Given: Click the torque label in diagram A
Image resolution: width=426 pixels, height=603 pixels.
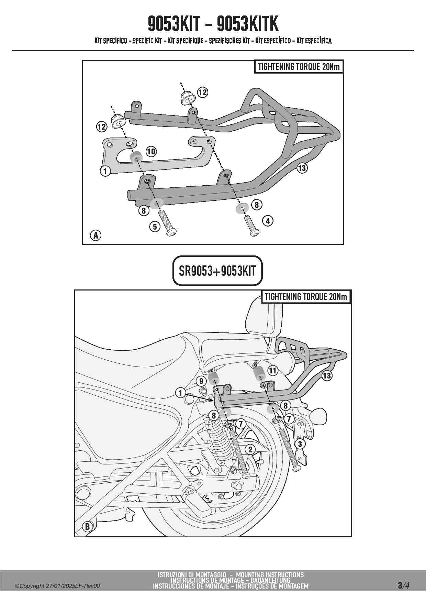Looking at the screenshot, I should point(299,67).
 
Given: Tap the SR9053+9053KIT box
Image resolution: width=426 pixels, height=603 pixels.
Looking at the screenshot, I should point(217,271).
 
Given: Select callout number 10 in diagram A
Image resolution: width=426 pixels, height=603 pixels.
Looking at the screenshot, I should point(151,151).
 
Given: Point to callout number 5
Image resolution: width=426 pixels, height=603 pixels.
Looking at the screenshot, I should point(155,227).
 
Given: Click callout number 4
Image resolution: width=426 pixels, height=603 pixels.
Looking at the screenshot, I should point(268,221).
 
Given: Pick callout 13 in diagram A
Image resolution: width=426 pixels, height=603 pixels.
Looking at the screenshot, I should point(302,168).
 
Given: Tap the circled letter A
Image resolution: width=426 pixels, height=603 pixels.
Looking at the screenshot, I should point(96,235).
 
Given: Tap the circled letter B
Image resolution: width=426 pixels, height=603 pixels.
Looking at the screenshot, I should point(87,526).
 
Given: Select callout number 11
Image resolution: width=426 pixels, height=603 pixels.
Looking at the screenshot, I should point(272,370).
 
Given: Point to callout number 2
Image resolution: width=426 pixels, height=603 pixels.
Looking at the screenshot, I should point(250,449).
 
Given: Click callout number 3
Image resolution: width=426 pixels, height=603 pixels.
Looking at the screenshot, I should point(300,444).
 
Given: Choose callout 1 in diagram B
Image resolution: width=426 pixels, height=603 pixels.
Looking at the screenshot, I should point(181,393).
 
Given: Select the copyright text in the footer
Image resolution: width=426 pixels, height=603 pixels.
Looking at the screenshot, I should point(57,586).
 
